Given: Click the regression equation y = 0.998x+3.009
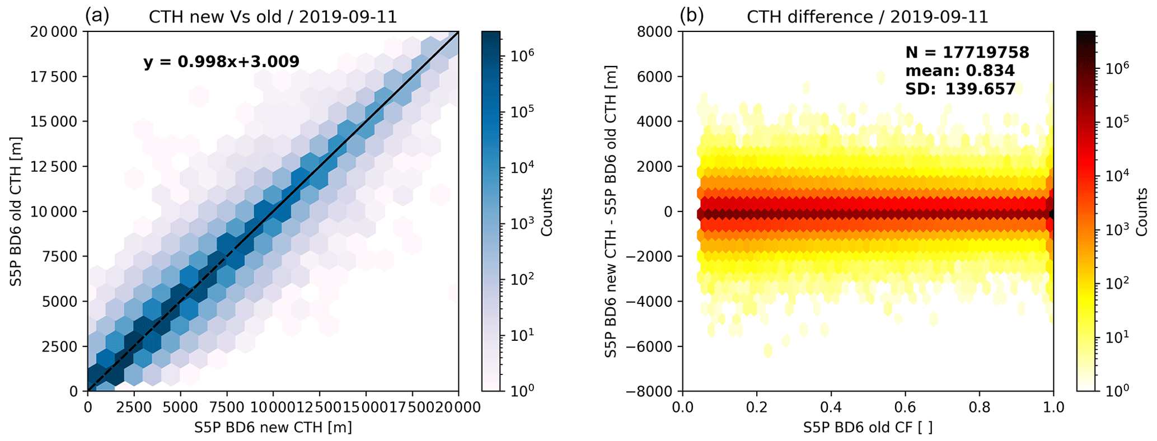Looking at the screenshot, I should click(x=221, y=62).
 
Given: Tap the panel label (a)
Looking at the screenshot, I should click(x=97, y=16).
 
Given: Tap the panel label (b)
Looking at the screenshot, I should click(x=691, y=16).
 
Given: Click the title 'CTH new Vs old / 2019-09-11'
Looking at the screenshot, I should click(x=273, y=17).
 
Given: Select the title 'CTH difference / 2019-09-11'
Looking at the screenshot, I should click(x=868, y=17).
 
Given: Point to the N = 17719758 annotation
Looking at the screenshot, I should click(x=967, y=53).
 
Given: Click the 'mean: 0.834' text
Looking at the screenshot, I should click(x=959, y=71).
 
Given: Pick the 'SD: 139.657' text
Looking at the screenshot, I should click(x=960, y=88).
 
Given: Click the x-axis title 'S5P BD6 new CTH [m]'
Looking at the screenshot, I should click(x=273, y=428).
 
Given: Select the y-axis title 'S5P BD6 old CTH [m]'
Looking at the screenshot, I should click(x=16, y=211).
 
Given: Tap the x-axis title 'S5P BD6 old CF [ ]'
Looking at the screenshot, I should click(x=868, y=428).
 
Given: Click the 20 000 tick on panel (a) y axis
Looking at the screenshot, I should click(x=54, y=32).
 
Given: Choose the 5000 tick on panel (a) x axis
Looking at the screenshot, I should click(x=180, y=407).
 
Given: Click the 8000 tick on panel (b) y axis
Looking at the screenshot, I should click(x=658, y=32).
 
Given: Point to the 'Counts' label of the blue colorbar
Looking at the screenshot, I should click(x=547, y=212).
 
